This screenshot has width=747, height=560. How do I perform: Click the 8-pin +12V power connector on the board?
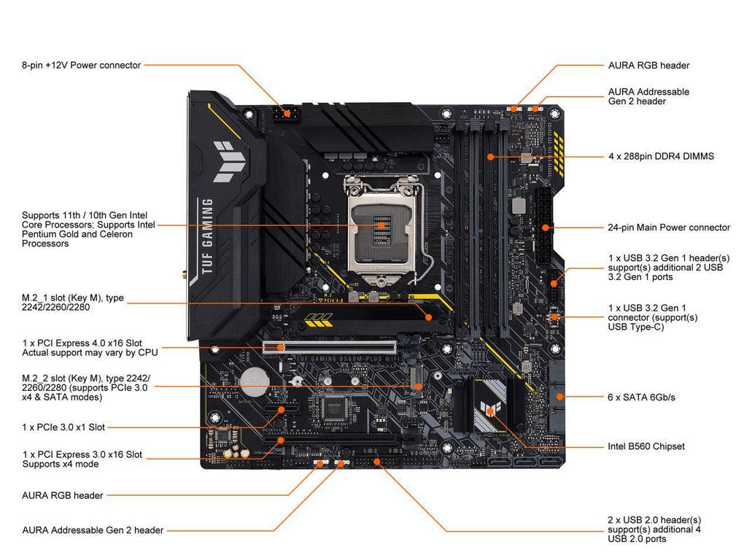[286, 114]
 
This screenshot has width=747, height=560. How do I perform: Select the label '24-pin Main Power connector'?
[668, 227]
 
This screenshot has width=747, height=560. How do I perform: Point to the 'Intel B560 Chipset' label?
[646, 447]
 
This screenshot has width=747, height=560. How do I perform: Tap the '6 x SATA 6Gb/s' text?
[641, 397]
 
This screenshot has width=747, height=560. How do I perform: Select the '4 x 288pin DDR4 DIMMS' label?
[661, 156]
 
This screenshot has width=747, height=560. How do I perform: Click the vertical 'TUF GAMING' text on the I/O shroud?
[207, 237]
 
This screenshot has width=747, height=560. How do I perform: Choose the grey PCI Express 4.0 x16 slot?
[329, 347]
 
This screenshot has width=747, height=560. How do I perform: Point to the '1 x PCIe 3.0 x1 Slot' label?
[63, 427]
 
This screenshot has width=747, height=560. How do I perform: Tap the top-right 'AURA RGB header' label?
[649, 65]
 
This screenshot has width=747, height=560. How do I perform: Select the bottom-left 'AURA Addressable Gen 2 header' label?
[93, 530]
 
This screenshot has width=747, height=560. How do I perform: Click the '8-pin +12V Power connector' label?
[82, 65]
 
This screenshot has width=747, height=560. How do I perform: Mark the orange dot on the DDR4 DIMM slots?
[491, 157]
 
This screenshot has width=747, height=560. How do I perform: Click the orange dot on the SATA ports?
[560, 396]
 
